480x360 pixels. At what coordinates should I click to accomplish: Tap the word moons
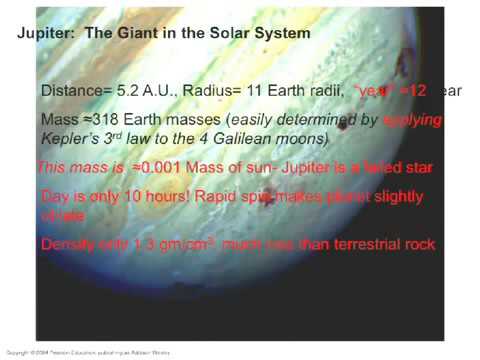tap(304, 139)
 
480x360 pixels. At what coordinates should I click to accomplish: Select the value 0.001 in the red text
tap(152, 168)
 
